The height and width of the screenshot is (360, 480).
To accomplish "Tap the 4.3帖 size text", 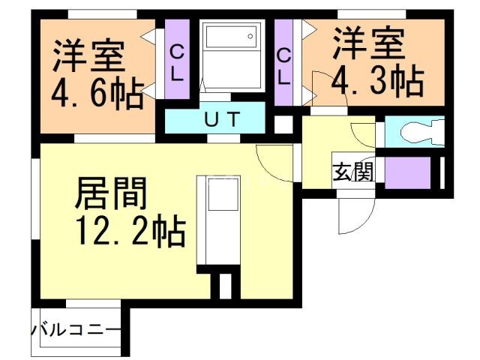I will pos(377,79).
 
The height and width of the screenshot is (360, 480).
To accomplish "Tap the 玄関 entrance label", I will pos(352,172).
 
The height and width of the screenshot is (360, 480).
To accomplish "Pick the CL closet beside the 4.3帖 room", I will pos(284,64).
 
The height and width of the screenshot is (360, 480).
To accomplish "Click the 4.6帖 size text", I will pos(96,94).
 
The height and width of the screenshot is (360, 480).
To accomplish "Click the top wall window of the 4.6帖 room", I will pos(101,13).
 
